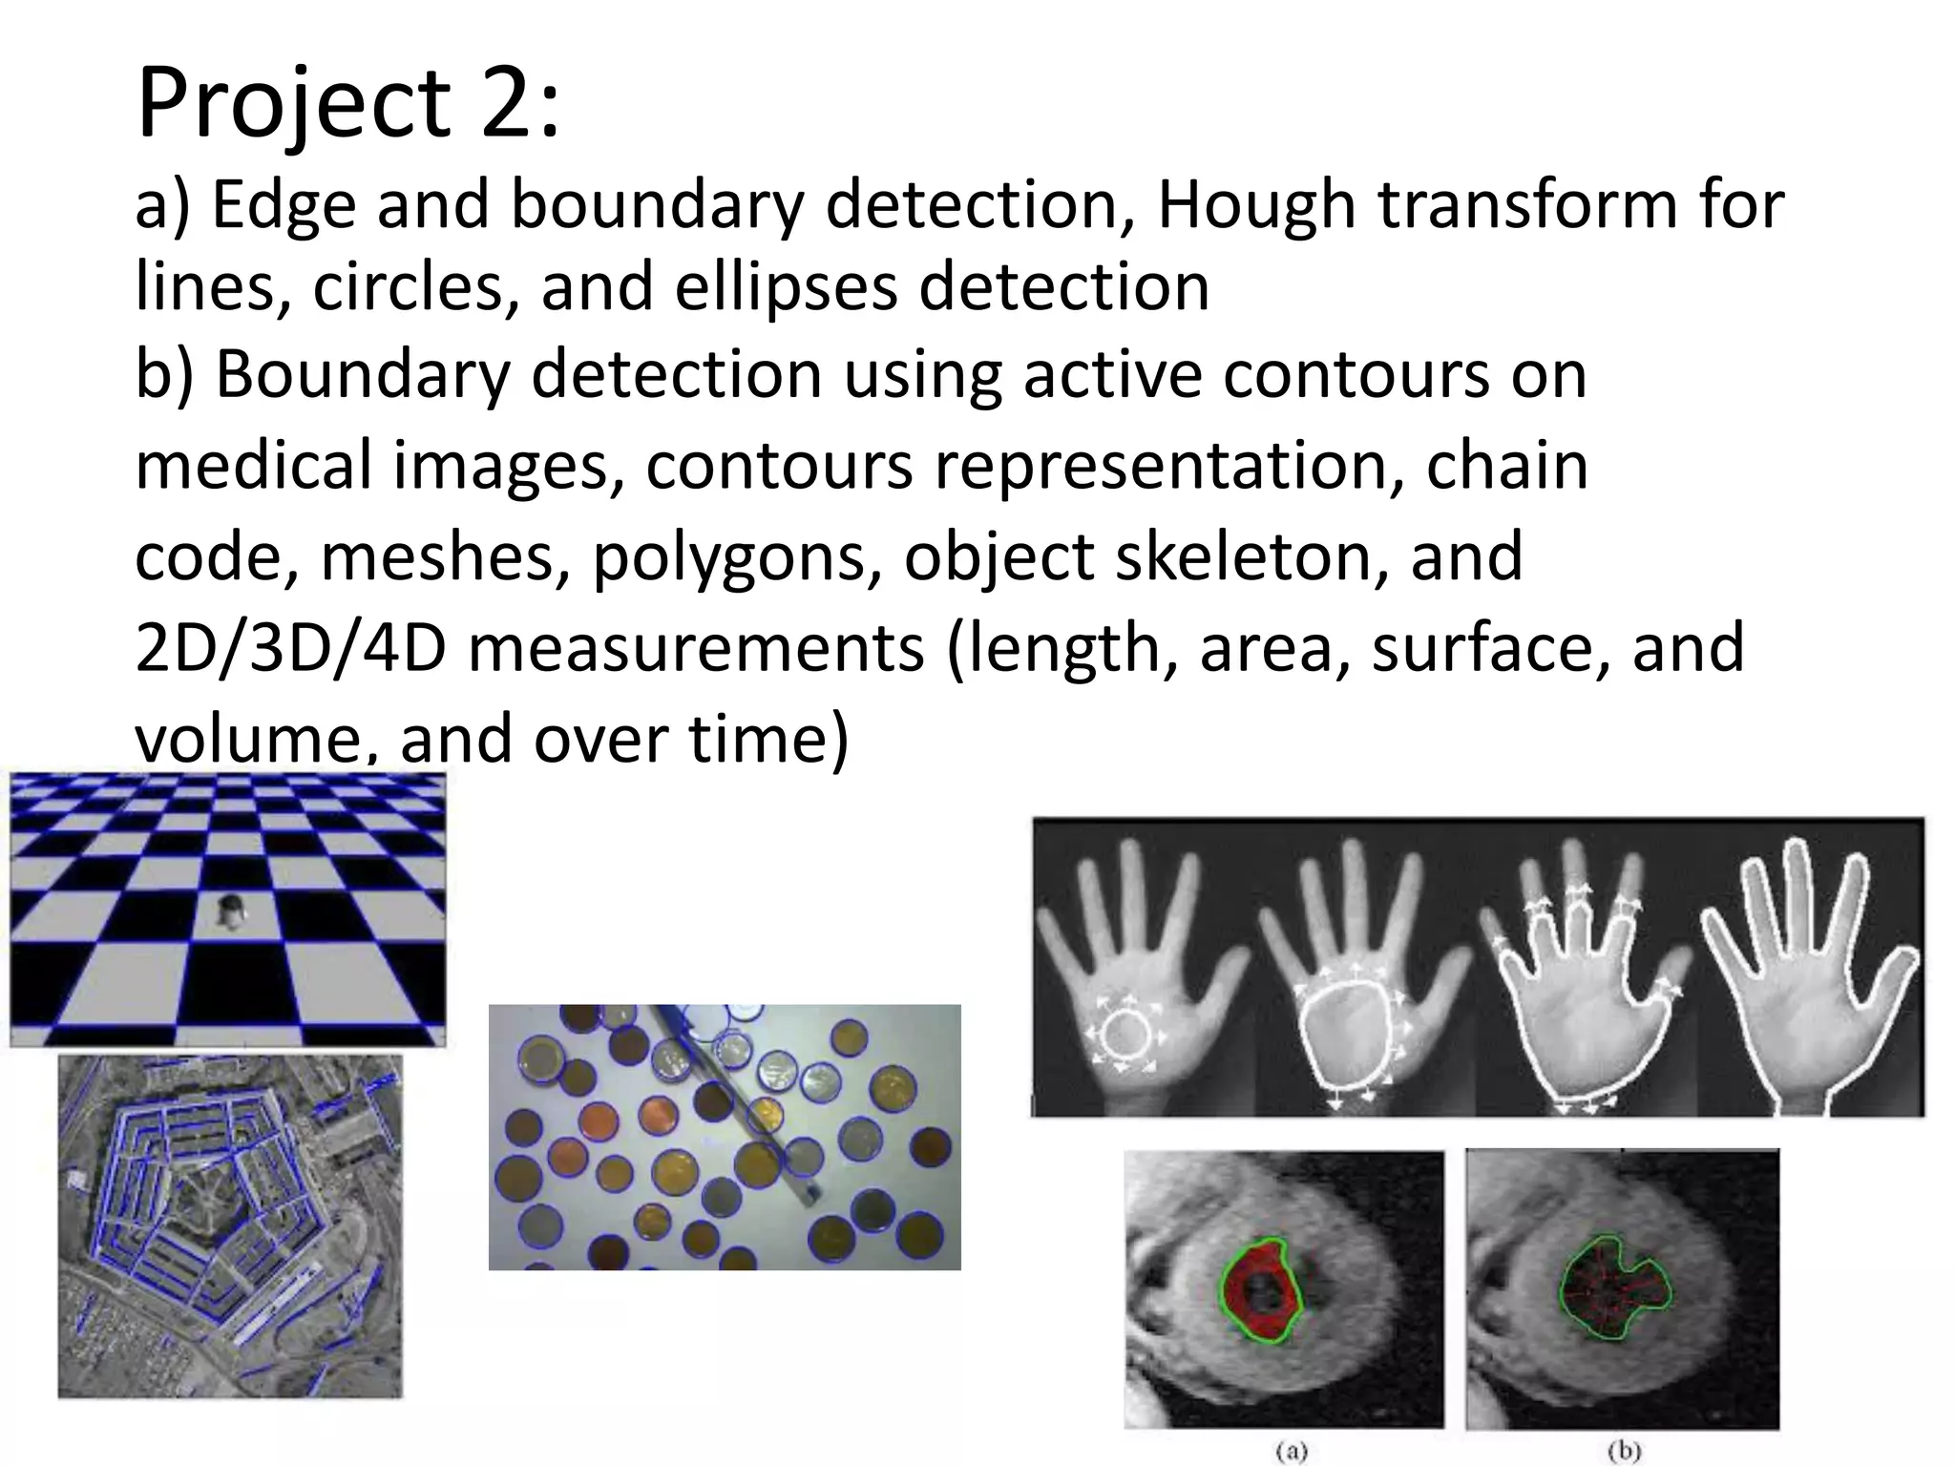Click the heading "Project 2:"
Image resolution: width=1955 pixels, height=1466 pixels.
click(x=347, y=103)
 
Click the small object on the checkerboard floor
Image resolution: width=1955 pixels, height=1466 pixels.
click(x=230, y=911)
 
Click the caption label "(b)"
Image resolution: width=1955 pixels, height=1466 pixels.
click(x=1623, y=1452)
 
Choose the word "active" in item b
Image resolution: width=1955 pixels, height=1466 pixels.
click(x=1112, y=374)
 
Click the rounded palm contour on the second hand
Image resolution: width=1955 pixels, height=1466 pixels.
click(x=1348, y=1037)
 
